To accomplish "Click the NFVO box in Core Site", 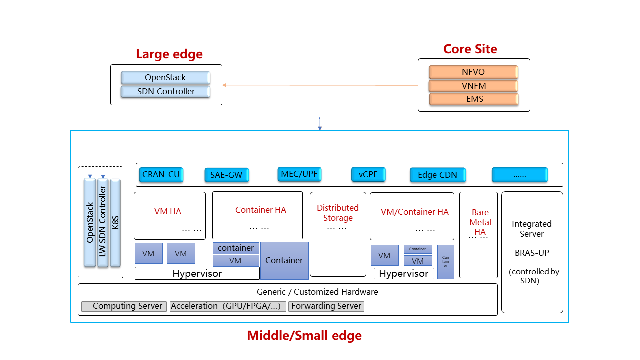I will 473,72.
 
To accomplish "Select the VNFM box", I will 473,86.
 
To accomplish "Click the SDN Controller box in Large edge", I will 165,92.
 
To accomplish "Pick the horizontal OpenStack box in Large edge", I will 165,78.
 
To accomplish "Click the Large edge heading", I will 169,54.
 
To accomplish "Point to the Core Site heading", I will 470,49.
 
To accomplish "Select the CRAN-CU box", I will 161,175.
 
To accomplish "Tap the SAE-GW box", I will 226,175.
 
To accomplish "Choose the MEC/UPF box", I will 299,174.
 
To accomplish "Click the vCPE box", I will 368,174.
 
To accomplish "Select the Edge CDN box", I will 438,175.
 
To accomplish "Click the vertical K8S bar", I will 115,223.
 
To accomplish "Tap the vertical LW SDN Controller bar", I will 103,222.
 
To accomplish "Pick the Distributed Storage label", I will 338,213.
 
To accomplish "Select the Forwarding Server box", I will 326,306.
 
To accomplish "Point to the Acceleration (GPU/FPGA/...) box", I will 228,306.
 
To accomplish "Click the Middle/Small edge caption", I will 304,336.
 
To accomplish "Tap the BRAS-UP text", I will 532,253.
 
